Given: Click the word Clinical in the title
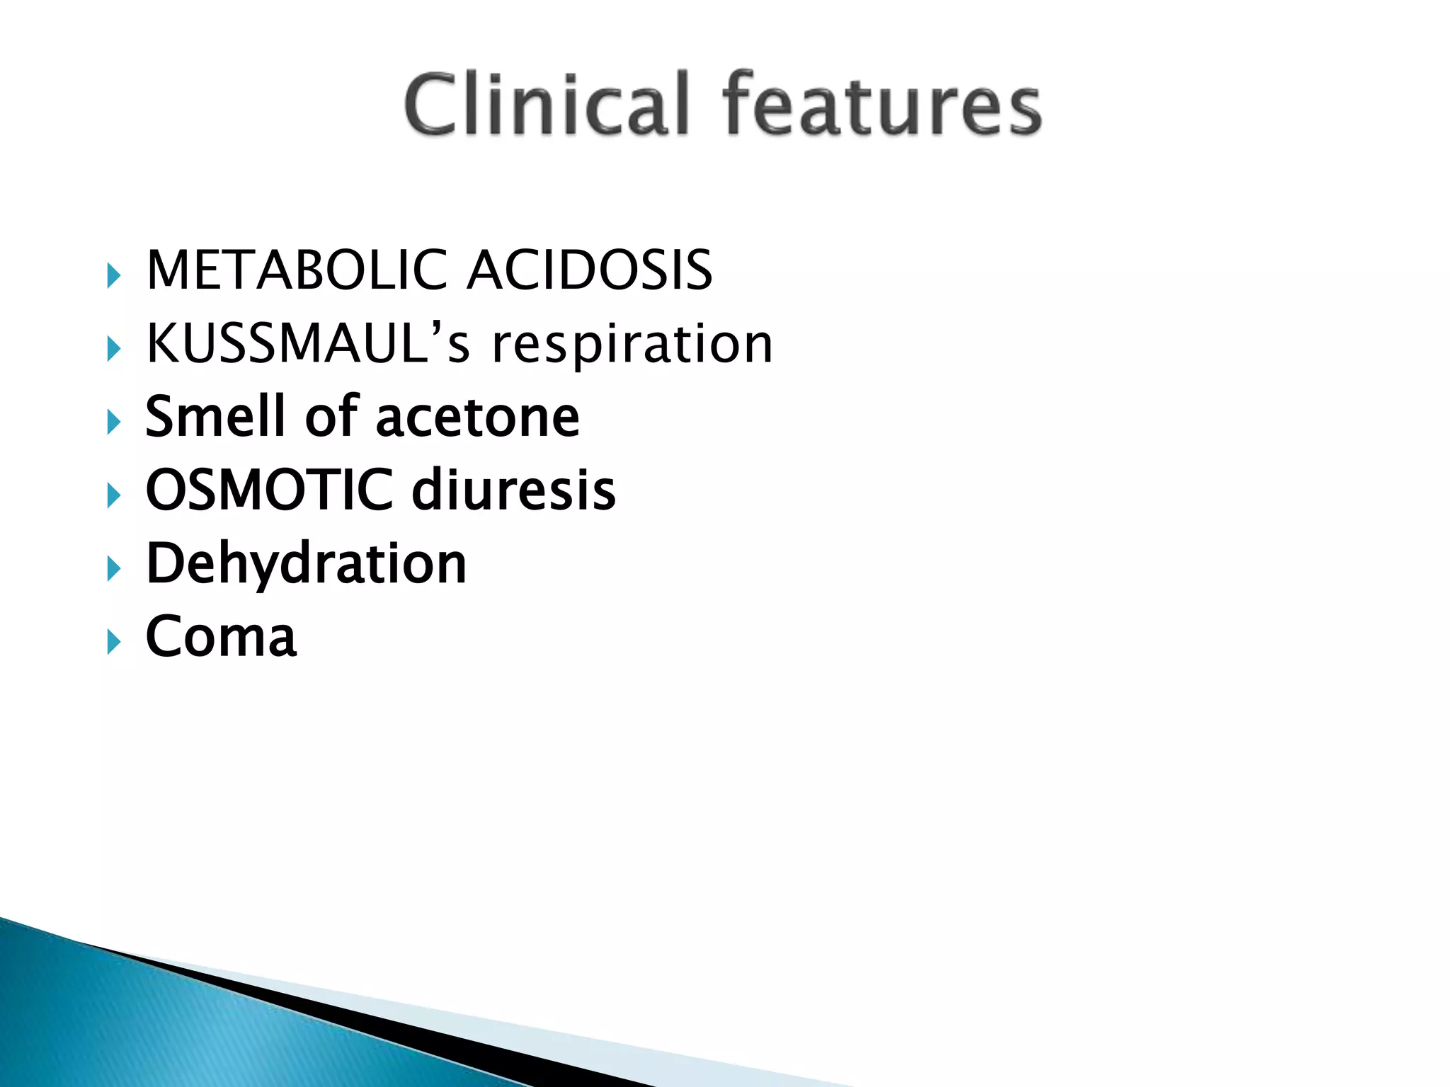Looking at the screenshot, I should point(547,104).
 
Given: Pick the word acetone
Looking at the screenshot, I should point(478,418).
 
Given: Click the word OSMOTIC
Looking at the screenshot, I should point(269,490).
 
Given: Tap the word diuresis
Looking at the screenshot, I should point(514,490).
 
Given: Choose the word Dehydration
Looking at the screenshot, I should point(306,564).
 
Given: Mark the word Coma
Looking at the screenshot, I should point(221,637).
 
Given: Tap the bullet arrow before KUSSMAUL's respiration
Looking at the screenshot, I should point(113,349).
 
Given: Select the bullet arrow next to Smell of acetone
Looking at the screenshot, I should point(113,422).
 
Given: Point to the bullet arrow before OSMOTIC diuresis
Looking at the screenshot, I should point(113,495).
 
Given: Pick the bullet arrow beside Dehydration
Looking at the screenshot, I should point(113,569).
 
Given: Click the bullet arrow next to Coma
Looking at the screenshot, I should point(113,643).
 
